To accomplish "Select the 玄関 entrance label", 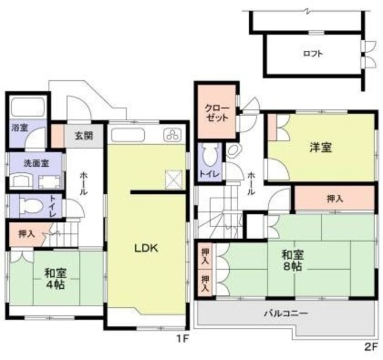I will tap(84, 135).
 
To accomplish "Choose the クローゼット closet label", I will tap(217, 113).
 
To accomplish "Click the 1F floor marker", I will tap(182, 339).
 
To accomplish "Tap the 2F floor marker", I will tap(371, 346).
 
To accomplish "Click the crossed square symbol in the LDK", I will tap(174, 178).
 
